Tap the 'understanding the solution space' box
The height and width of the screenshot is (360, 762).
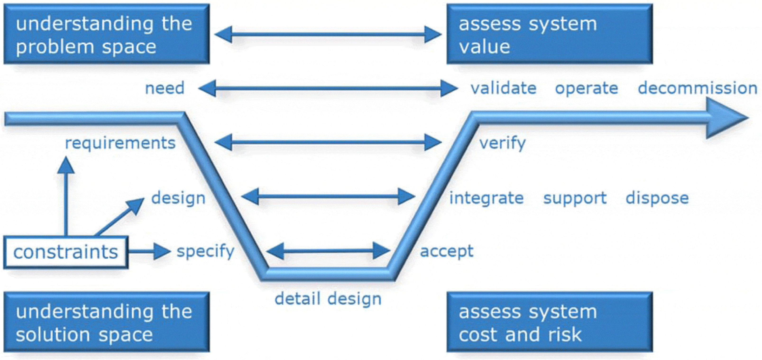point(106,322)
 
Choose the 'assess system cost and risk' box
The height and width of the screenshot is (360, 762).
point(549,322)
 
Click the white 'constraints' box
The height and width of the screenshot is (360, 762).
point(66,252)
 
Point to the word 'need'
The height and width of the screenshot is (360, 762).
point(165,88)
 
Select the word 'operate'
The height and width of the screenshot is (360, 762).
point(586,88)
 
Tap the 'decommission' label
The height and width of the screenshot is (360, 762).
point(697,88)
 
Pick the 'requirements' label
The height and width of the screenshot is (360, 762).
point(120,143)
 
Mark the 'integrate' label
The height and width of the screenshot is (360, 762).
point(486,198)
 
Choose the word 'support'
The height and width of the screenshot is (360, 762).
point(575,198)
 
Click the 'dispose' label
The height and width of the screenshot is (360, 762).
point(657,198)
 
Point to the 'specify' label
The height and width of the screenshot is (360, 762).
point(205,251)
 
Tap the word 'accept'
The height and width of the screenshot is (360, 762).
point(447,251)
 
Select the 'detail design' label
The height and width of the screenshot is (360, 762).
point(328,299)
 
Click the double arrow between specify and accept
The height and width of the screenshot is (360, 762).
point(328,251)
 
